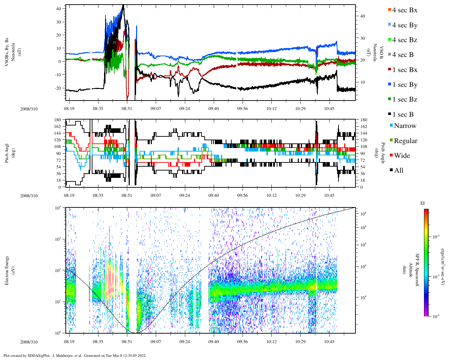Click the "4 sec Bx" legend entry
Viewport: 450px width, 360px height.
point(405,10)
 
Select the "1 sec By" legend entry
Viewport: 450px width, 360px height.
point(405,85)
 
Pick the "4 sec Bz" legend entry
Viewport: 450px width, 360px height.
point(405,40)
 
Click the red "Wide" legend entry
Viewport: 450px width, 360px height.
point(402,156)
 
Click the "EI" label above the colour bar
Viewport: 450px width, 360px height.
point(423,203)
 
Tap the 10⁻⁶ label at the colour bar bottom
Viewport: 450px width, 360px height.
point(435,316)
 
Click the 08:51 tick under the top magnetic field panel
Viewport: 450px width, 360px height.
point(127,109)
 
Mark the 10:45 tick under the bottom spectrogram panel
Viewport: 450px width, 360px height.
point(329,342)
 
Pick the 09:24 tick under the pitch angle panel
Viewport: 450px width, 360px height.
point(185,195)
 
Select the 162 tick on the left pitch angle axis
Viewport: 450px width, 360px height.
point(57,127)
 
